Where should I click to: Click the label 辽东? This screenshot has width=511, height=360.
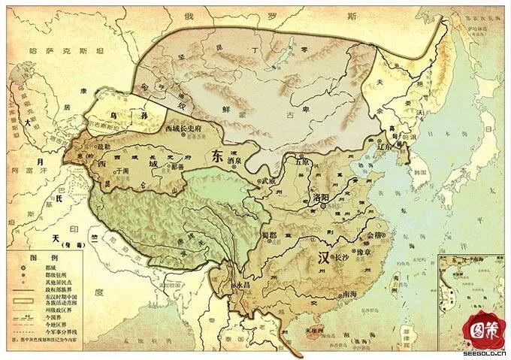click(386, 147)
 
